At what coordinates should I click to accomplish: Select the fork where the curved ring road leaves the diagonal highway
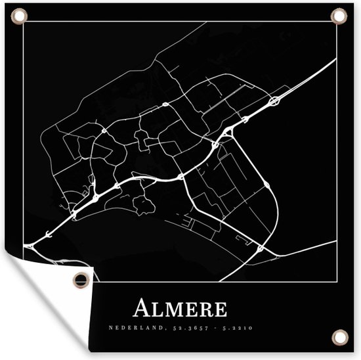(x=226, y=133)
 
